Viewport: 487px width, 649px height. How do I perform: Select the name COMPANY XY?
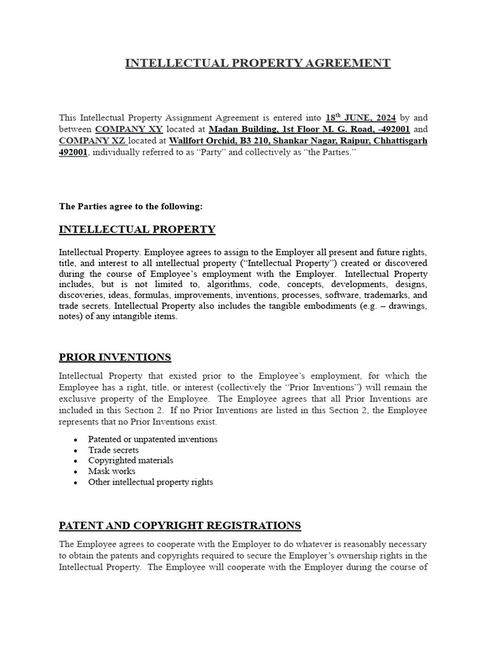(129, 129)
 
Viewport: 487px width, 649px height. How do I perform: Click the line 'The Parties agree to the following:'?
(131, 206)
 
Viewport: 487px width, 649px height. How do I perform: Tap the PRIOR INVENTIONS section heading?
(115, 357)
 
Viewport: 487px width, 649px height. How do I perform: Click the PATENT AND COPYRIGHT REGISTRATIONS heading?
(179, 525)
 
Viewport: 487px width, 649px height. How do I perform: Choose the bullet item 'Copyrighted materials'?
(131, 461)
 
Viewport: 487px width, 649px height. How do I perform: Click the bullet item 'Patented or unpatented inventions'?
(153, 439)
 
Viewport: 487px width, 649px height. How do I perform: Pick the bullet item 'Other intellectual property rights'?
(150, 482)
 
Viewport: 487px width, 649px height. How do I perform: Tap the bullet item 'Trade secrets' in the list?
(114, 450)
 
